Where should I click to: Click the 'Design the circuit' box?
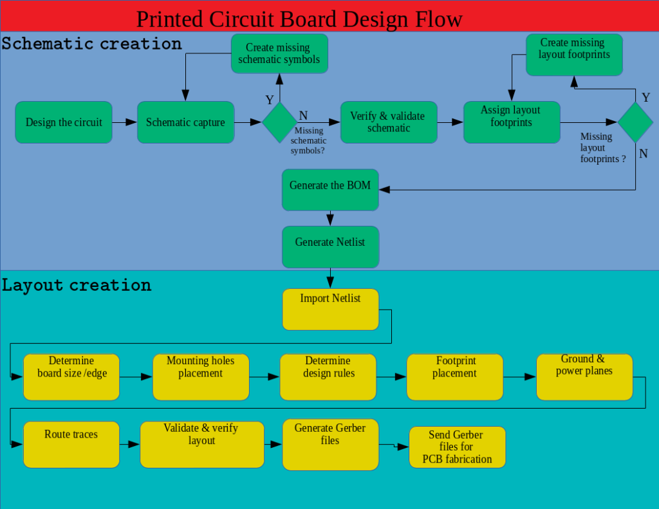[64, 122]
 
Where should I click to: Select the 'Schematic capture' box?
[186, 122]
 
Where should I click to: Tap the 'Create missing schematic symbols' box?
[279, 54]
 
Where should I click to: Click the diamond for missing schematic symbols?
[279, 122]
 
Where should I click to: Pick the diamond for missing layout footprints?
[635, 122]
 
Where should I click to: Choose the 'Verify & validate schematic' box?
[389, 122]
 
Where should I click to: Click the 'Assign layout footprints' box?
[512, 122]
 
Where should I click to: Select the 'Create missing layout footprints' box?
[575, 55]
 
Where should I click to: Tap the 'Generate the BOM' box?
[330, 190]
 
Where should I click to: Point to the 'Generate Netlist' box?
[330, 247]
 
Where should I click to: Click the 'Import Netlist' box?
[330, 310]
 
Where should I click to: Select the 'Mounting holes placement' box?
[201, 377]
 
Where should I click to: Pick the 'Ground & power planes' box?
[584, 377]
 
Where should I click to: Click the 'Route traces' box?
[71, 445]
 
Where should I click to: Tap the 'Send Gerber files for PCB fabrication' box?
[458, 447]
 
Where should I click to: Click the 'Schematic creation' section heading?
[91, 44]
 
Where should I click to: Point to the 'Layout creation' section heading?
[77, 286]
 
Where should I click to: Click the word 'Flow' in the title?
[439, 19]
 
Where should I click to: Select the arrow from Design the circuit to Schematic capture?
[125, 122]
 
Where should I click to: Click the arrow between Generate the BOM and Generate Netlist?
[330, 219]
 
